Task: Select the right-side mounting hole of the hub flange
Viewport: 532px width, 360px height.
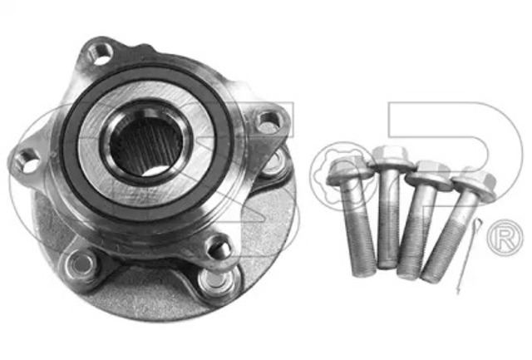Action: click(x=267, y=123)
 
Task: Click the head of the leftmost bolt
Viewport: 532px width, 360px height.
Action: click(x=342, y=170)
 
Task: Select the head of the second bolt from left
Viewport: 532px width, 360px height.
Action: click(x=387, y=155)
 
